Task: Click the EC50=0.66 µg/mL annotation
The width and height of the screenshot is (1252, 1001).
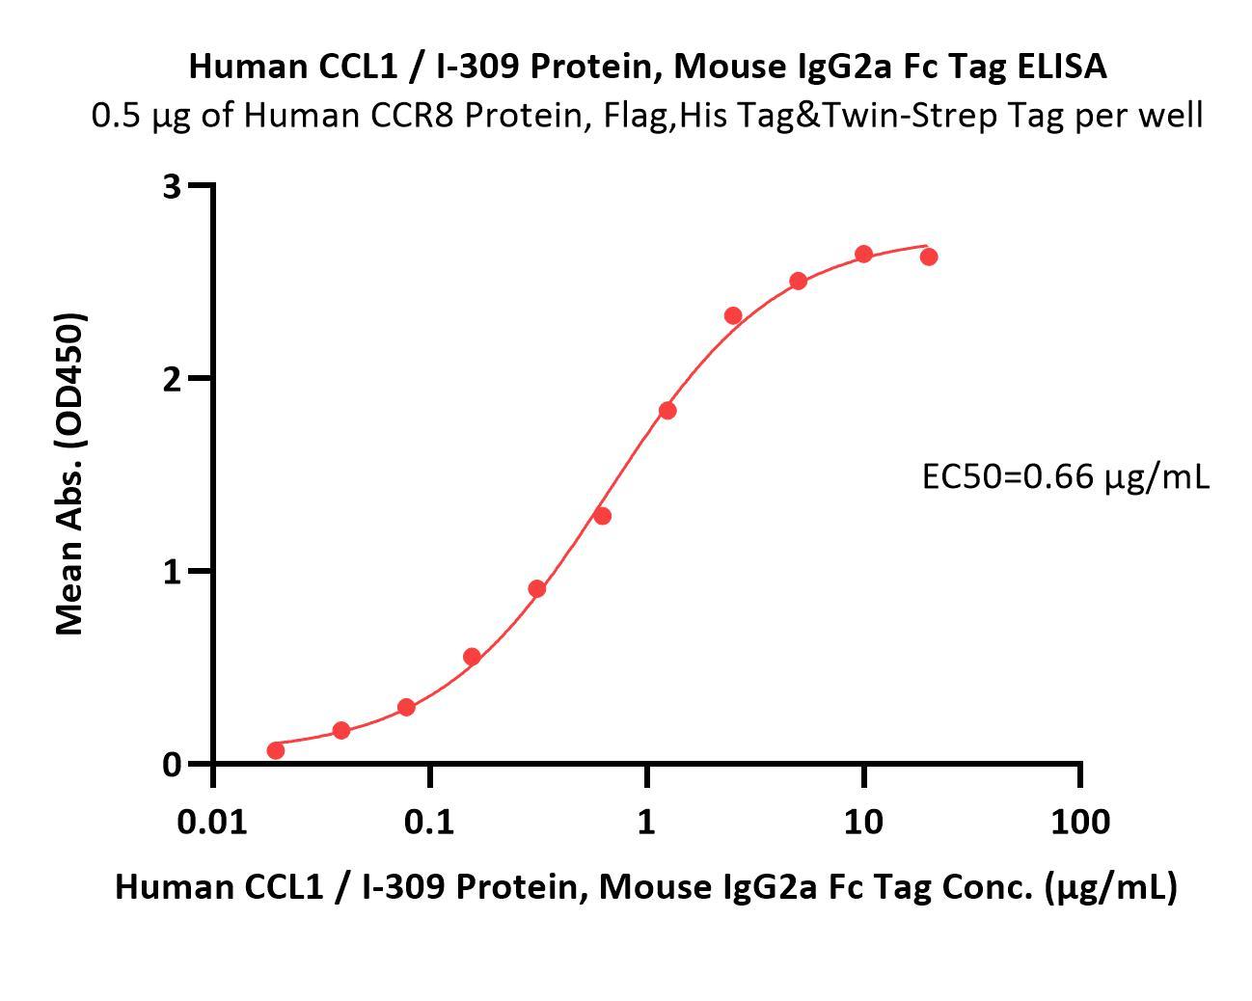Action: pos(1065,475)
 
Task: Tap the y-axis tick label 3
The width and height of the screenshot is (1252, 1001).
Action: pos(173,186)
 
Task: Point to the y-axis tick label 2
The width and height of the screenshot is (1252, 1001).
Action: pos(173,379)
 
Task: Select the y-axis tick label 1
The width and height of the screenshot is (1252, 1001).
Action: pos(173,572)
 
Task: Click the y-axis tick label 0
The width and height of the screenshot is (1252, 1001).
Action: pos(173,765)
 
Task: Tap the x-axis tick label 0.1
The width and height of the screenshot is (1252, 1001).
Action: pos(429,822)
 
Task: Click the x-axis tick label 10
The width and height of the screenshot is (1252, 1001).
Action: pos(863,822)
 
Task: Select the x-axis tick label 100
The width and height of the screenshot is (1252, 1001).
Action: pos(1079,822)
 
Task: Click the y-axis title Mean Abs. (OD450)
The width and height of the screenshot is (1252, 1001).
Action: pos(69,473)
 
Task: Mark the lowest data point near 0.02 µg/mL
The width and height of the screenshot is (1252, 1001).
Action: pos(276,750)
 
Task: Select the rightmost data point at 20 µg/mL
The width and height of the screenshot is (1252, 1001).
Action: pos(929,257)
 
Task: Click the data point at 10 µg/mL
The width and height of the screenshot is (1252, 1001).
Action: pos(864,255)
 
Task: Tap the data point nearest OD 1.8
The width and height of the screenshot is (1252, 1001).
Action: pos(667,411)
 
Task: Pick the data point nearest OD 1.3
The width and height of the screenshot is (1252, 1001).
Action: pos(602,516)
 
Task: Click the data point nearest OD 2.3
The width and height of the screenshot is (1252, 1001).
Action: pos(733,316)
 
